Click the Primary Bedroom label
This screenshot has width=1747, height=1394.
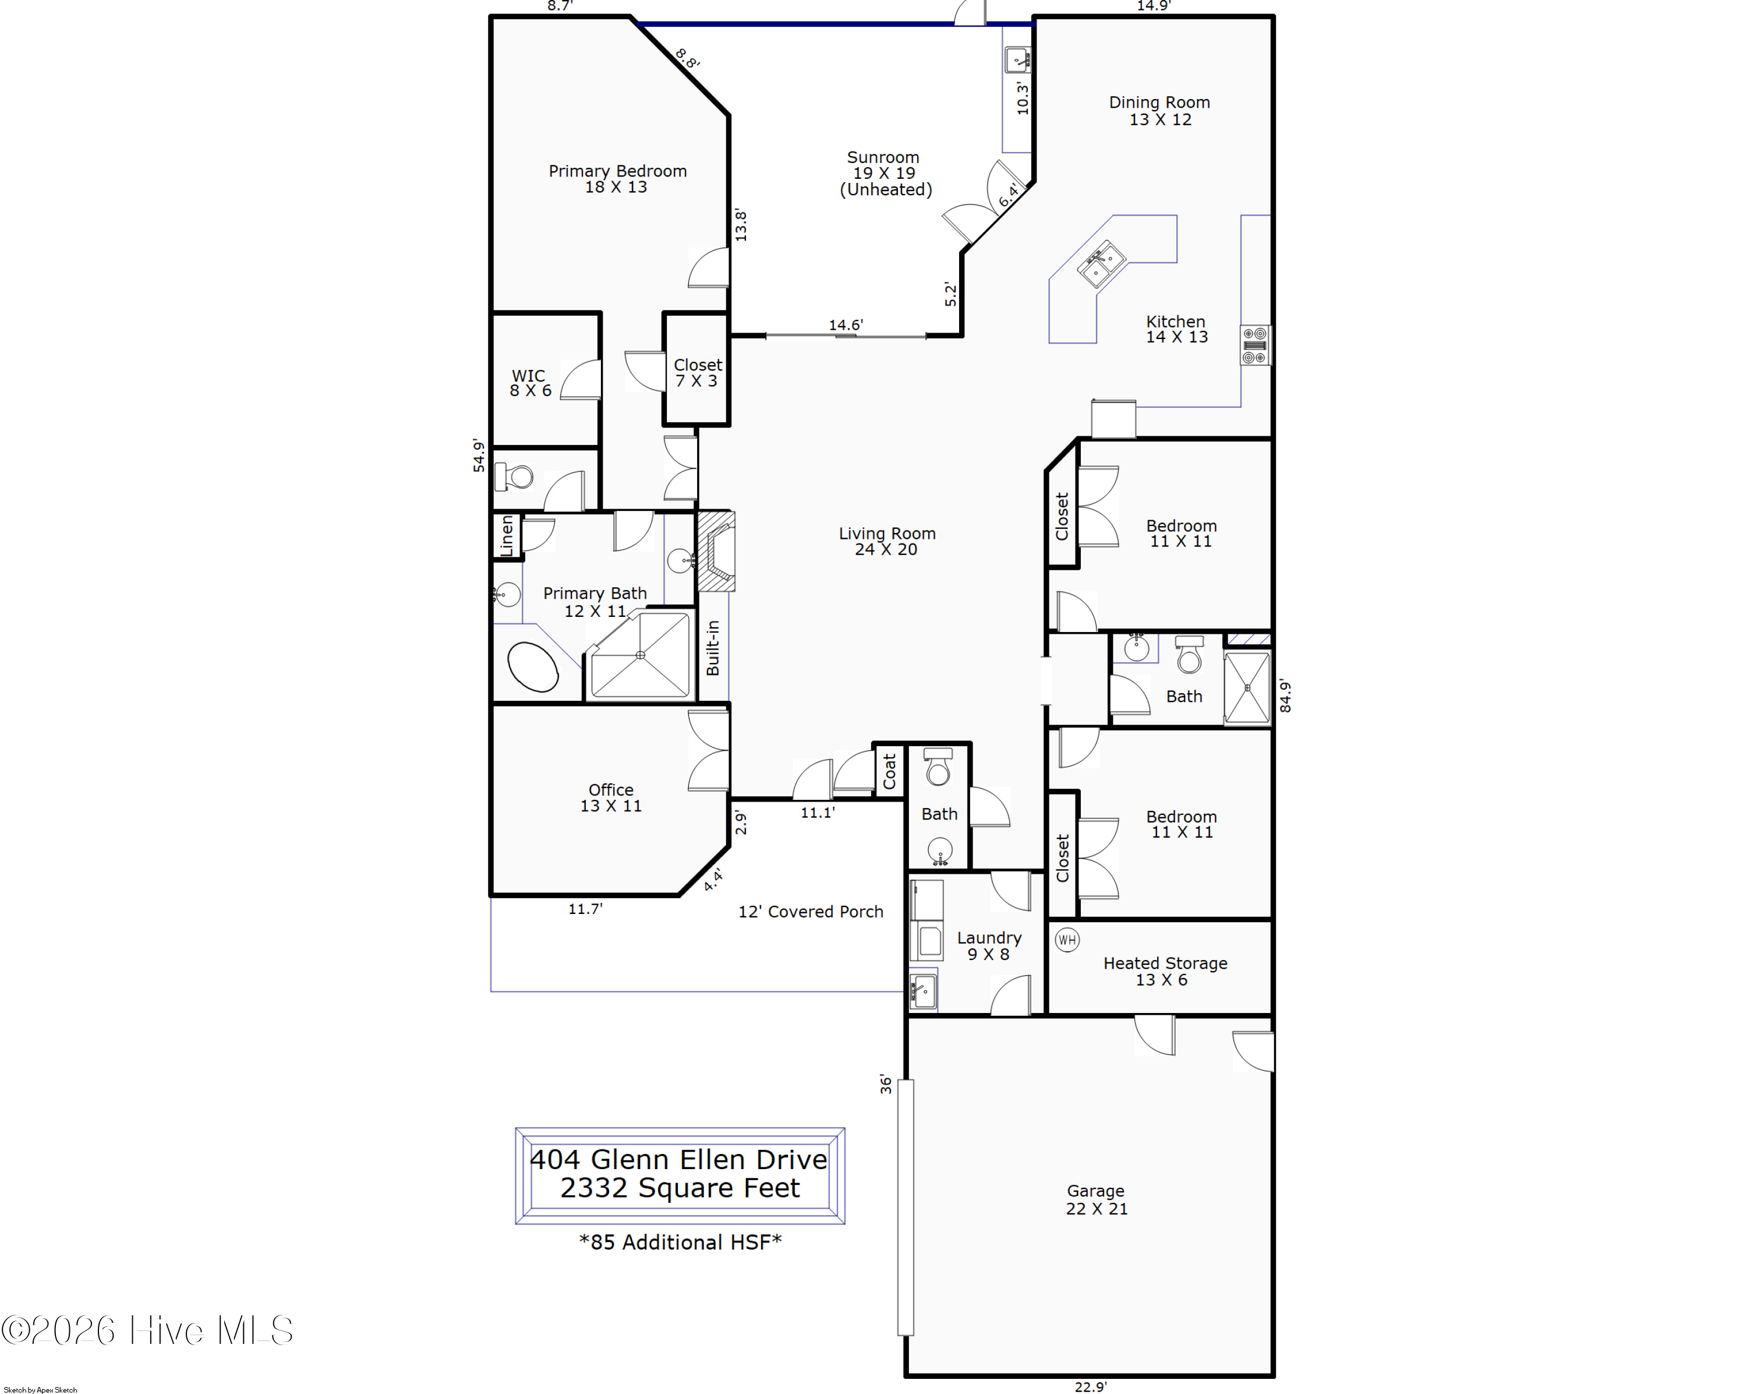point(617,178)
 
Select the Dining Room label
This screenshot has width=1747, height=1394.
point(1159,110)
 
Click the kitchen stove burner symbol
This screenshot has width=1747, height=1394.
point(1254,345)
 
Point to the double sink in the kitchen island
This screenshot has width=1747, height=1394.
point(1101,263)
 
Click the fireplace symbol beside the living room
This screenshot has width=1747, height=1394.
point(716,550)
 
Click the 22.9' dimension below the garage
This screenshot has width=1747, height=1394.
point(1090,1386)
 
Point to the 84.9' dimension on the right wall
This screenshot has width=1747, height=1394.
point(1285,696)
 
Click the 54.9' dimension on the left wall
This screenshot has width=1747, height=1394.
point(479,456)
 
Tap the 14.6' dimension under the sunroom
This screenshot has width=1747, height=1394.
point(845,325)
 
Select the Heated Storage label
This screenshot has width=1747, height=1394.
point(1165,971)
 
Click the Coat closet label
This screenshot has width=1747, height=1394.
point(889,771)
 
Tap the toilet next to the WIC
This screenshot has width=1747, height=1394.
point(514,477)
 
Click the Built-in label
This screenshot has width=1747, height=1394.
point(712,648)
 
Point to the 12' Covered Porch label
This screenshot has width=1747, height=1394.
point(810,912)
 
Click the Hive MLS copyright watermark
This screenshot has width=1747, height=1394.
point(147,1331)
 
